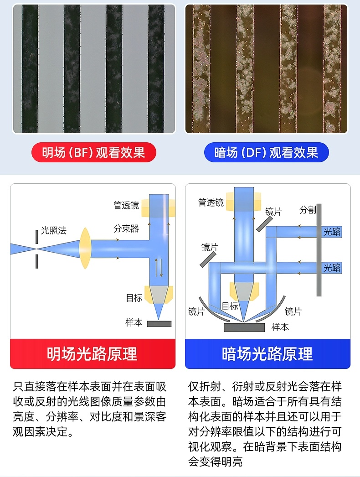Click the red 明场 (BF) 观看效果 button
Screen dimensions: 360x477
[94, 152]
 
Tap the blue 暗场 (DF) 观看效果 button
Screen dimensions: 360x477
[266, 152]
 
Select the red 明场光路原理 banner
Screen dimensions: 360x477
[93, 354]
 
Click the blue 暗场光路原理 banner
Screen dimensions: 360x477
[267, 354]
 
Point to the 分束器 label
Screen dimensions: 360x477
[126, 228]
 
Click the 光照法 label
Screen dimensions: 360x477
[53, 230]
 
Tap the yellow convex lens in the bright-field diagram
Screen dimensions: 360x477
[85, 249]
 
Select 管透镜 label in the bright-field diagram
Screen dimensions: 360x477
[126, 205]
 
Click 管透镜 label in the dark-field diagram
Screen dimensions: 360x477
[211, 202]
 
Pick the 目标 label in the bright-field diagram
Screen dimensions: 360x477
[134, 298]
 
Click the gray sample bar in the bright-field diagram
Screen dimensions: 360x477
[159, 324]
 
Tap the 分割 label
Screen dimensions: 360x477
[308, 210]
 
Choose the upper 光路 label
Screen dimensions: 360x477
[332, 232]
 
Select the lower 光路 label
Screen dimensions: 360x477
[332, 268]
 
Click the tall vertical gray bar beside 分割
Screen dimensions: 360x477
[319, 250]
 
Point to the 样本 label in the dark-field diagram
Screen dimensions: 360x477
[280, 327]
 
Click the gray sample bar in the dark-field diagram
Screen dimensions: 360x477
[244, 327]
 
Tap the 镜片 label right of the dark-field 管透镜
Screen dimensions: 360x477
[273, 212]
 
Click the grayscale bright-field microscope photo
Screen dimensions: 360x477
[94, 69]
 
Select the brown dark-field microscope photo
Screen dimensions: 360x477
[266, 69]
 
